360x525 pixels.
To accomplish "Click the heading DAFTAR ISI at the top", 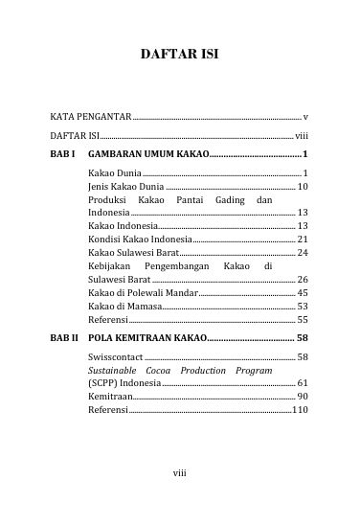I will [x=180, y=56].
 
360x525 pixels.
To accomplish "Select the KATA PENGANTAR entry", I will [x=92, y=116].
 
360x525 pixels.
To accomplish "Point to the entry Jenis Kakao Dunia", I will [x=124, y=185].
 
